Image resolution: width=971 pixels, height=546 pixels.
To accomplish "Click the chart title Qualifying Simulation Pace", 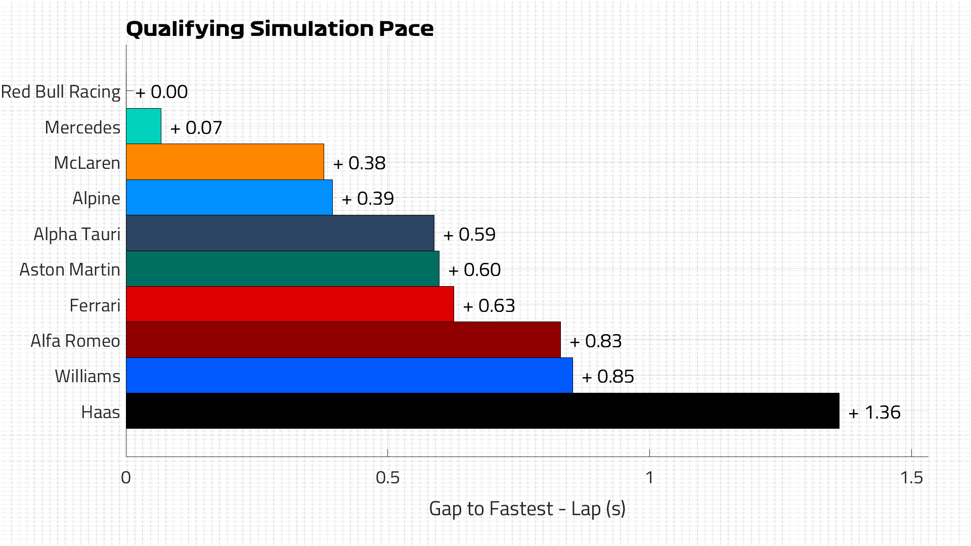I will click(x=279, y=29).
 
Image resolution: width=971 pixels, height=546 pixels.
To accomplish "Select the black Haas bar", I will click(x=482, y=411).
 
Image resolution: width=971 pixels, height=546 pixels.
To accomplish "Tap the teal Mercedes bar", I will click(x=144, y=126).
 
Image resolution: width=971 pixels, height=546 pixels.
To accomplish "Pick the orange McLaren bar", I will click(x=225, y=162).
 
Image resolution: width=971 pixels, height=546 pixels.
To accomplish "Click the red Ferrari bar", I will click(x=290, y=304).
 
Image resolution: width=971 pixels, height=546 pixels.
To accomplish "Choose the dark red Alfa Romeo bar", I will click(x=343, y=340).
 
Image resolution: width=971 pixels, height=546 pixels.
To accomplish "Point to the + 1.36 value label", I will click(x=874, y=413).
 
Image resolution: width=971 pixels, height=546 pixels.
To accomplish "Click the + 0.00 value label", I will click(x=162, y=92).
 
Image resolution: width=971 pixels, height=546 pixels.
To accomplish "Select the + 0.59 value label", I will click(x=469, y=235).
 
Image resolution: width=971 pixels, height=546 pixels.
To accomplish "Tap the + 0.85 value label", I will click(x=608, y=377).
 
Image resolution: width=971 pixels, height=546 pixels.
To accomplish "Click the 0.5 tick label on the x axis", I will click(x=387, y=478).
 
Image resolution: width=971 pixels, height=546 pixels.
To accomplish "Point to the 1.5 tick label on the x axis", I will click(x=911, y=478).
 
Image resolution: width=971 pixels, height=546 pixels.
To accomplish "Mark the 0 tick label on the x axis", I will click(x=126, y=478).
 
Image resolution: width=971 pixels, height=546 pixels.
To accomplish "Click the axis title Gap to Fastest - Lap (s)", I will click(x=527, y=509).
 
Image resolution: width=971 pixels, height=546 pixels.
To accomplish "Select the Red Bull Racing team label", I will click(x=61, y=92).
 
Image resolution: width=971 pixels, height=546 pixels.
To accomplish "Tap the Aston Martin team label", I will click(x=70, y=270).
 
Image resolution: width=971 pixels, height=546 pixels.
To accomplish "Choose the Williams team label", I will click(x=87, y=377).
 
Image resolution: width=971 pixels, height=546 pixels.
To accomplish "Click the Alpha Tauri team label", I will click(x=77, y=235).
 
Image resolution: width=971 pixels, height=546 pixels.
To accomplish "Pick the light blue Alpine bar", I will click(x=229, y=197).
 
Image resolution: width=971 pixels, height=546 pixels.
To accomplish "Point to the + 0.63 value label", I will click(x=489, y=306).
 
